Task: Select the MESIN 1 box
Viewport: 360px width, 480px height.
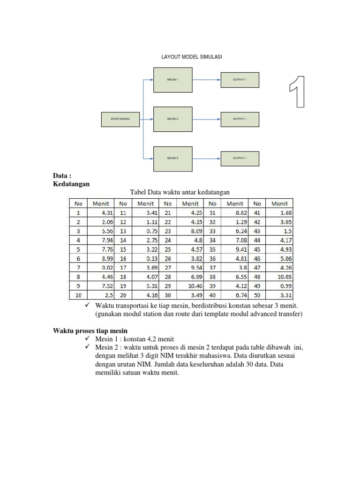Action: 172,80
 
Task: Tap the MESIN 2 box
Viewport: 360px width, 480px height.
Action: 172,119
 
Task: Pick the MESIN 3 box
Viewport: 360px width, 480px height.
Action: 172,158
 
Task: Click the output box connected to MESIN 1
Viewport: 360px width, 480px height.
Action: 240,80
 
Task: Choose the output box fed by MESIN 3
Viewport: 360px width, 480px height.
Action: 240,158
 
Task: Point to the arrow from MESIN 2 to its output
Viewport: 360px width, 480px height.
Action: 206,119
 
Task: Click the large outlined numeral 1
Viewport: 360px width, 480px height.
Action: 297,91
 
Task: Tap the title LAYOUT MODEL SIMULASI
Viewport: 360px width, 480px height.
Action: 192,57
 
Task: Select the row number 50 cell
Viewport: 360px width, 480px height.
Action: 257,295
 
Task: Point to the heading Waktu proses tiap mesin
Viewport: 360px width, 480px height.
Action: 90,331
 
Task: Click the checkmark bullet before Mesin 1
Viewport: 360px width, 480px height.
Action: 87,338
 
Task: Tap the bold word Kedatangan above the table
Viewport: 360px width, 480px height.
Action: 71,184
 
